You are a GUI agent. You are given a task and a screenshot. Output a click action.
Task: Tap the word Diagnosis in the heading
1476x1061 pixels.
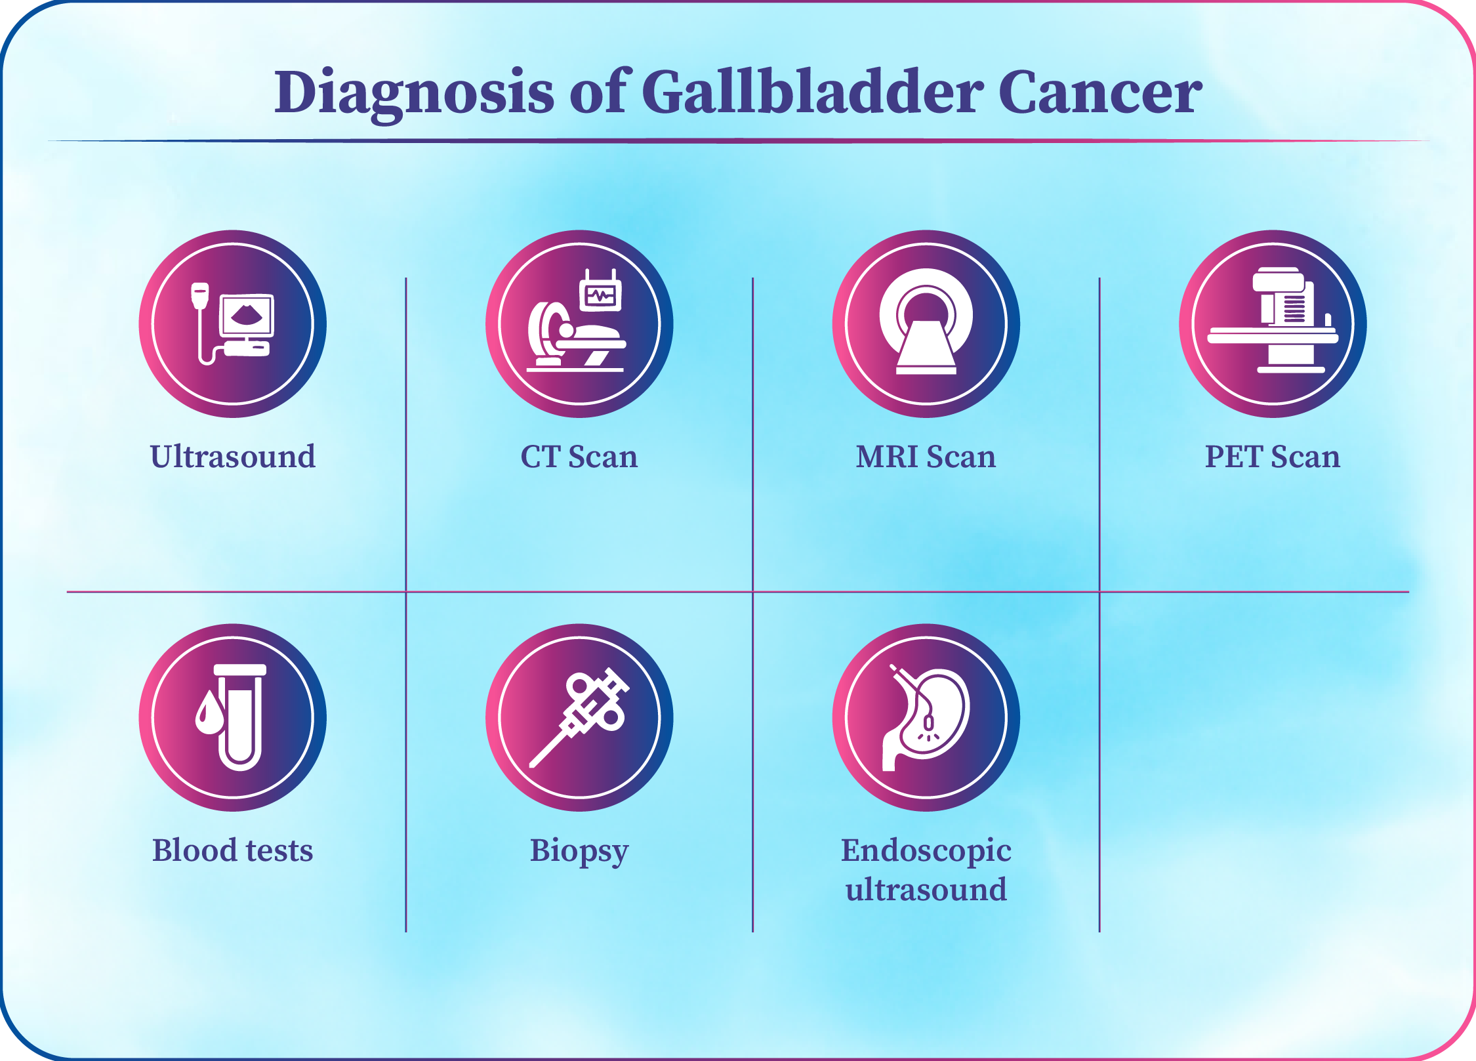[414, 93]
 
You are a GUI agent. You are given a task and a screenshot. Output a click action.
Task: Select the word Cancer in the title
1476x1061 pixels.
[1100, 93]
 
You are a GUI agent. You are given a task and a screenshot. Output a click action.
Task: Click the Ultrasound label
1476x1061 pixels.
[232, 456]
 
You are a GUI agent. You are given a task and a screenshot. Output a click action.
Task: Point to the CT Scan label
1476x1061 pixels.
[579, 456]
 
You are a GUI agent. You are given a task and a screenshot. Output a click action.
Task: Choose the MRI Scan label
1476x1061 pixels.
[926, 456]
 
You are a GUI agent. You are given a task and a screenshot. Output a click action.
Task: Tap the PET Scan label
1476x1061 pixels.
[1272, 456]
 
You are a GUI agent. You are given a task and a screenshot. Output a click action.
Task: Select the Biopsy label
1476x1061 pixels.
[579, 852]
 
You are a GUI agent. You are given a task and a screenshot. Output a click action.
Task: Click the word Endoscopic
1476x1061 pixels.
[926, 852]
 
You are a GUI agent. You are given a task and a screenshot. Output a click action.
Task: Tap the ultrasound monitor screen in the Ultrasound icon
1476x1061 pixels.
[247, 316]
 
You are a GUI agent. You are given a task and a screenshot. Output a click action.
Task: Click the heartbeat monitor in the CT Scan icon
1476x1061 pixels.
[600, 293]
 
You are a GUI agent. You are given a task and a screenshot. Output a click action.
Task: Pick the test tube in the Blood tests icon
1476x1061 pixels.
[240, 717]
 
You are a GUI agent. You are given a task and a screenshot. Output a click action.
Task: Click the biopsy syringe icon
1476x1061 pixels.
[579, 717]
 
